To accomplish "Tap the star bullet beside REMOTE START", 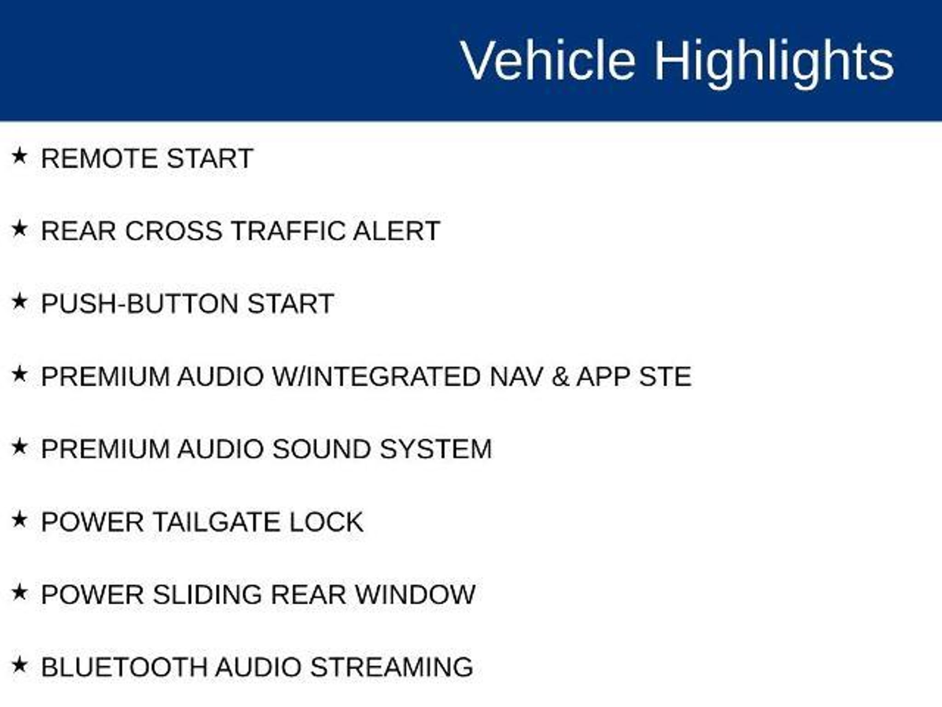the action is point(19,156).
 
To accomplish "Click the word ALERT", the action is point(396,231).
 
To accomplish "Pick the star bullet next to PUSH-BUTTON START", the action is point(19,301).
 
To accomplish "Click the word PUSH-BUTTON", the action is point(140,304).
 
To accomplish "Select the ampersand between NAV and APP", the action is point(560,377).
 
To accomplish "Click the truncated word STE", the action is point(665,377).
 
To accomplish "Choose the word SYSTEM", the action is point(436,449).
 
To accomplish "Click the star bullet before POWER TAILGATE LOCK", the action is point(19,520).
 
